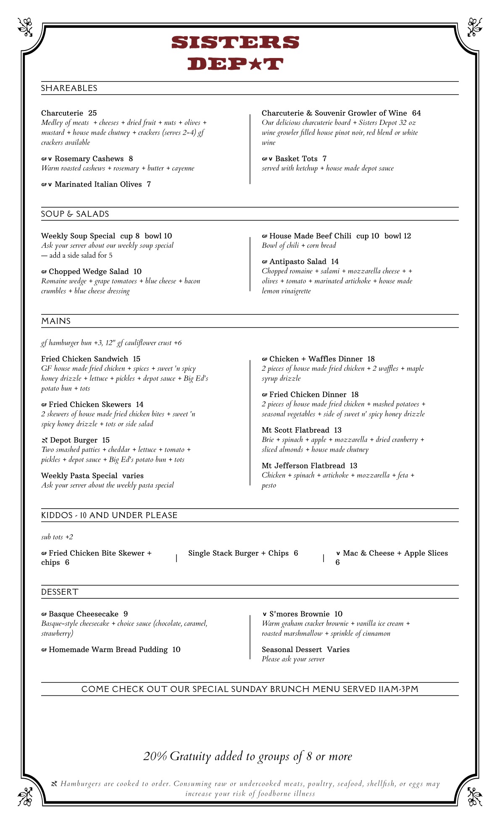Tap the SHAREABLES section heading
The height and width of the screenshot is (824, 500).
(69, 88)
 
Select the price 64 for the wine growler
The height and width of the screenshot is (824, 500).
(416, 113)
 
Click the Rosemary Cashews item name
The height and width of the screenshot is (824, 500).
(89, 159)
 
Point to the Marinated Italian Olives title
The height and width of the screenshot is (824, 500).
(98, 185)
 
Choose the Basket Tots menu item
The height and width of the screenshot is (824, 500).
(296, 159)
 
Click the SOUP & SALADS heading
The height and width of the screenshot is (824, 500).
(75, 214)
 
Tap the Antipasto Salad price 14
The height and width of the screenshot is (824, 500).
(334, 261)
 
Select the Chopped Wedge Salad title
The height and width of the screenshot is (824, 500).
(89, 272)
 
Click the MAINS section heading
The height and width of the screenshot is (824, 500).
(56, 321)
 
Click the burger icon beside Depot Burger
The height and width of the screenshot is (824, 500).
(45, 441)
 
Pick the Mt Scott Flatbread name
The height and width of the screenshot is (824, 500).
(295, 430)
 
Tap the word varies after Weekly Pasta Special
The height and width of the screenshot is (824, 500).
(133, 476)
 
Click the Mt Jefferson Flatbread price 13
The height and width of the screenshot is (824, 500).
(353, 466)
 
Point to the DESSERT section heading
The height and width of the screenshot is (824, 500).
(60, 592)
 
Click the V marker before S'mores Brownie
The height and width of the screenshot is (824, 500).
(265, 614)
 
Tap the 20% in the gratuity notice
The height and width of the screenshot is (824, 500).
(155, 756)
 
